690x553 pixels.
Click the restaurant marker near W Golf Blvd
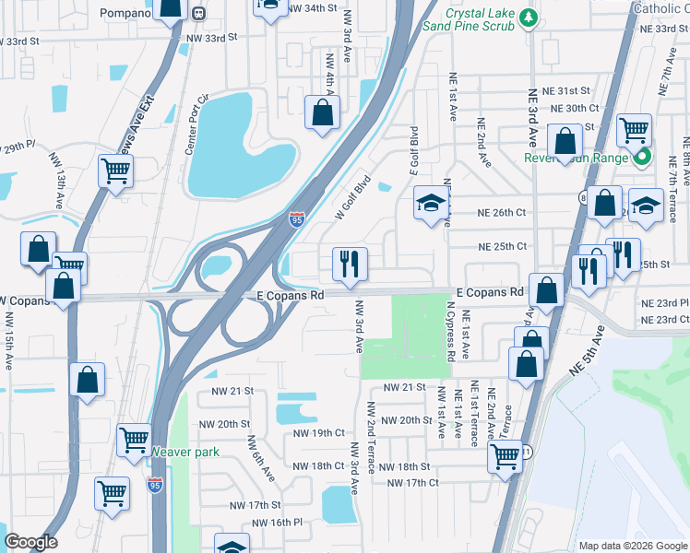click(x=350, y=265)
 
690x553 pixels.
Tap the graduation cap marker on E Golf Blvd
click(x=430, y=204)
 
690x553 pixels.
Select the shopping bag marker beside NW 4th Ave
click(x=323, y=113)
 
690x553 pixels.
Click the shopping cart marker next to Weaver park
click(x=135, y=441)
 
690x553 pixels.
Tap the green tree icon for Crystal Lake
click(x=527, y=16)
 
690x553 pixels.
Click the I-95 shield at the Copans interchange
click(x=295, y=218)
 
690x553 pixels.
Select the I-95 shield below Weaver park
click(x=155, y=485)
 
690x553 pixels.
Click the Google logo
click(x=31, y=542)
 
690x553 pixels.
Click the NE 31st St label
click(x=568, y=90)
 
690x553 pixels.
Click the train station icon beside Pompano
click(x=199, y=13)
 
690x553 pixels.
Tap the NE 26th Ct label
click(x=501, y=212)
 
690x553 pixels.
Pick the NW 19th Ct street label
click(x=318, y=432)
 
